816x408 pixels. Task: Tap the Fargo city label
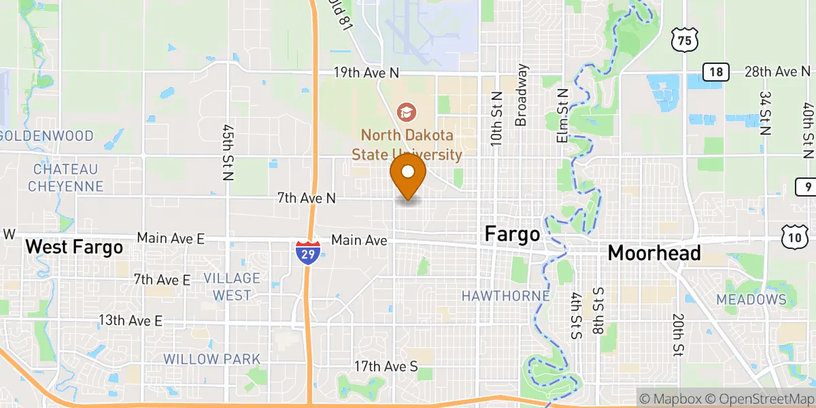[x=512, y=235]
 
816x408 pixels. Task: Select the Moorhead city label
[x=654, y=253]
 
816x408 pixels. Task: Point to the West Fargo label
[x=74, y=247]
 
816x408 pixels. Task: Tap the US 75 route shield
[x=683, y=41]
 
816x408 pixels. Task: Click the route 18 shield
[x=716, y=72]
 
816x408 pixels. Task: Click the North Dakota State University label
[x=407, y=144]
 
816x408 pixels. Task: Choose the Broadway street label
[x=522, y=95]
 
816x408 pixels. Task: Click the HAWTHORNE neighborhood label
[x=505, y=296]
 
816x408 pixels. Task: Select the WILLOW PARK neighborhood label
[x=211, y=358]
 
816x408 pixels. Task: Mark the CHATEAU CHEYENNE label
[x=66, y=177]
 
